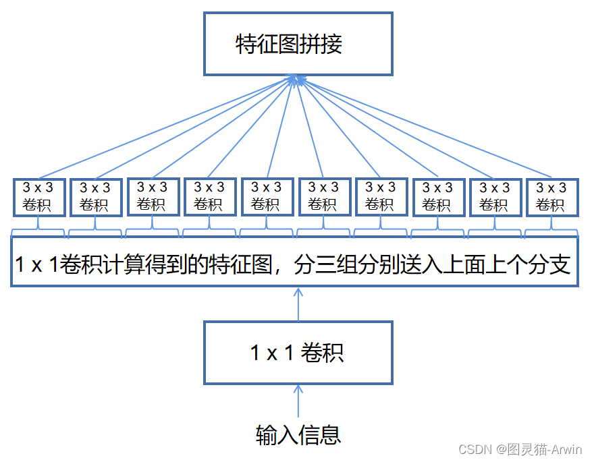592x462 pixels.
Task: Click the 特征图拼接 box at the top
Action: tap(298, 44)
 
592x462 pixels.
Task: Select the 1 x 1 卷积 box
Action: tap(298, 352)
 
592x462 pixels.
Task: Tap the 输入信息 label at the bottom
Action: tap(298, 434)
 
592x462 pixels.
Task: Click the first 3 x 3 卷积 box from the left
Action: tap(38, 196)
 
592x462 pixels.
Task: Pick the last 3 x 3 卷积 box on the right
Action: tap(551, 196)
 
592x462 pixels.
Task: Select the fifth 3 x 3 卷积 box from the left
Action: tap(266, 196)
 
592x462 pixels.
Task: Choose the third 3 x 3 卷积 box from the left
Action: tap(152, 196)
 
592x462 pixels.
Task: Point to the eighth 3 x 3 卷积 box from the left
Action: tap(437, 196)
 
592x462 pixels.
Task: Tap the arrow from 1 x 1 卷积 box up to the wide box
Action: tap(298, 304)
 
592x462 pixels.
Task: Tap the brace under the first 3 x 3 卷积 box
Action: tap(38, 233)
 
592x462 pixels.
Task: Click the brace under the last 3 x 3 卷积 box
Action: tap(551, 233)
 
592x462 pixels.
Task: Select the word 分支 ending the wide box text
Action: tap(551, 263)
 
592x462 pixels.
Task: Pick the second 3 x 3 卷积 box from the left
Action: tap(95, 196)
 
